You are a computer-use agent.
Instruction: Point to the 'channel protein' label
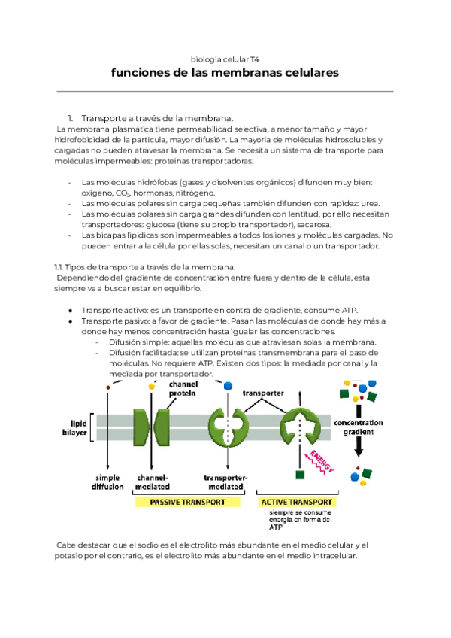pyautogui.click(x=183, y=388)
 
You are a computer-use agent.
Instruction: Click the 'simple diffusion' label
pyautogui.click(x=108, y=482)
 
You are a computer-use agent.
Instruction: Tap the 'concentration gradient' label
pyautogui.click(x=358, y=427)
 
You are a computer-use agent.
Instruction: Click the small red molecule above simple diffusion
pyautogui.click(x=108, y=387)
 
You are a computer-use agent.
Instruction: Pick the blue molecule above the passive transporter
pyautogui.click(x=228, y=384)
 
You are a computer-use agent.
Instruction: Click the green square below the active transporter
pyautogui.click(x=300, y=475)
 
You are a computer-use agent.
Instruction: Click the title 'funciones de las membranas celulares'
pyautogui.click(x=225, y=73)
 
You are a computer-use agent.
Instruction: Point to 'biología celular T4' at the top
pyautogui.click(x=225, y=57)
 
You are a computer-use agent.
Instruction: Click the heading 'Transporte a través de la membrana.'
pyautogui.click(x=157, y=118)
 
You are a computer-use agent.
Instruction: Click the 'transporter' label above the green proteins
pyautogui.click(x=262, y=393)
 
